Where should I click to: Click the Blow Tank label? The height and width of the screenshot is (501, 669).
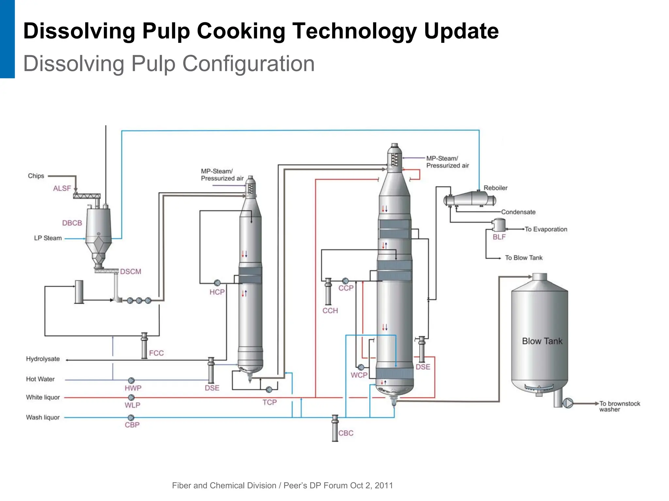(x=542, y=341)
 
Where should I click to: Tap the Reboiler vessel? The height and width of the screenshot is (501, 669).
(x=470, y=199)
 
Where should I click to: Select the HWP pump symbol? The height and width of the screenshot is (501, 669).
(x=131, y=380)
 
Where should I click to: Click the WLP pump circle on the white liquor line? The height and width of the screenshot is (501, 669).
(x=131, y=397)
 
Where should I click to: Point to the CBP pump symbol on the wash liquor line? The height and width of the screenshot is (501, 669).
(x=131, y=418)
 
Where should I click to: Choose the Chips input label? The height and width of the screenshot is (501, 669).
(x=36, y=176)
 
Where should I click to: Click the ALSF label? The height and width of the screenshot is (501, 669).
(x=62, y=188)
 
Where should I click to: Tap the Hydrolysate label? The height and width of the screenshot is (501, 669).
(x=43, y=359)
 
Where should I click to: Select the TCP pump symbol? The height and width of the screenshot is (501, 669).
(x=269, y=390)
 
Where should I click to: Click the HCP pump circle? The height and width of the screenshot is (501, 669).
(x=217, y=283)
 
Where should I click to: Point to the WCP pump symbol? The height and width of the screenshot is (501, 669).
(x=361, y=367)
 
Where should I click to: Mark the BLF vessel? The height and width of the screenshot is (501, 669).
(x=498, y=225)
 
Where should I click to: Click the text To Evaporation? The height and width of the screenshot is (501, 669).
(x=546, y=229)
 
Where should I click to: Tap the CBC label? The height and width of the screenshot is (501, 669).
(x=346, y=433)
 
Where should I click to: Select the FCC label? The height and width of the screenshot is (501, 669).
(x=156, y=353)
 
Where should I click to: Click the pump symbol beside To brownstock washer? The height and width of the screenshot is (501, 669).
(x=568, y=403)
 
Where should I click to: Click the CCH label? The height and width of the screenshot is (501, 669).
(x=330, y=311)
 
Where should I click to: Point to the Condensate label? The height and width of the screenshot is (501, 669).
(x=518, y=212)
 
